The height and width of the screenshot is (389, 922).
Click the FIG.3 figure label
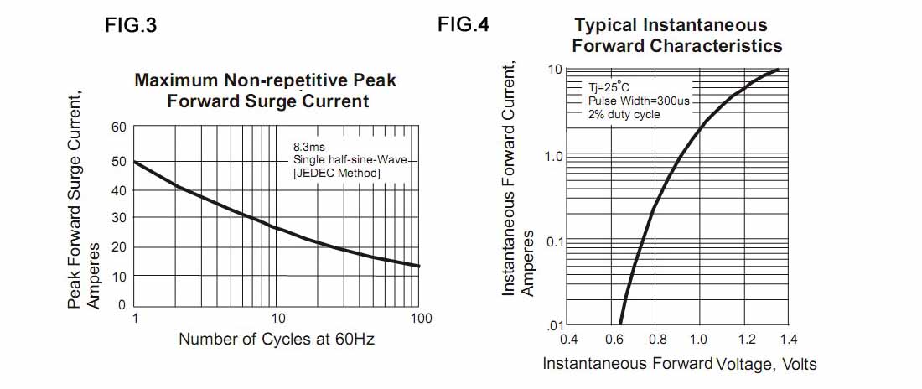pyautogui.click(x=131, y=25)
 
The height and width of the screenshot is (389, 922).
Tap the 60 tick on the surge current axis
pyautogui.click(x=118, y=127)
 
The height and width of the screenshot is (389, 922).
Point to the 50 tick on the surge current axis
pyautogui.click(x=118, y=161)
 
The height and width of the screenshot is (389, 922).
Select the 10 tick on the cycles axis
pyautogui.click(x=278, y=319)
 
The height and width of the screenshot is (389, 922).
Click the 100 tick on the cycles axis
pyautogui.click(x=421, y=319)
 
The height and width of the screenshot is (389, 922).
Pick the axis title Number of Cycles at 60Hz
pyautogui.click(x=277, y=340)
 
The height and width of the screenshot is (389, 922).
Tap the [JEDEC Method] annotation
pyautogui.click(x=337, y=173)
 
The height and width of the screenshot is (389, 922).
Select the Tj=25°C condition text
pyautogui.click(x=613, y=86)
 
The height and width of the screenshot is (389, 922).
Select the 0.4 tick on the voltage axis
pyautogui.click(x=568, y=340)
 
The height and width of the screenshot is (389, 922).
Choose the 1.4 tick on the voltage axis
pyautogui.click(x=788, y=340)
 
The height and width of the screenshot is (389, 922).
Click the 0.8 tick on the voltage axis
pyautogui.click(x=657, y=340)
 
